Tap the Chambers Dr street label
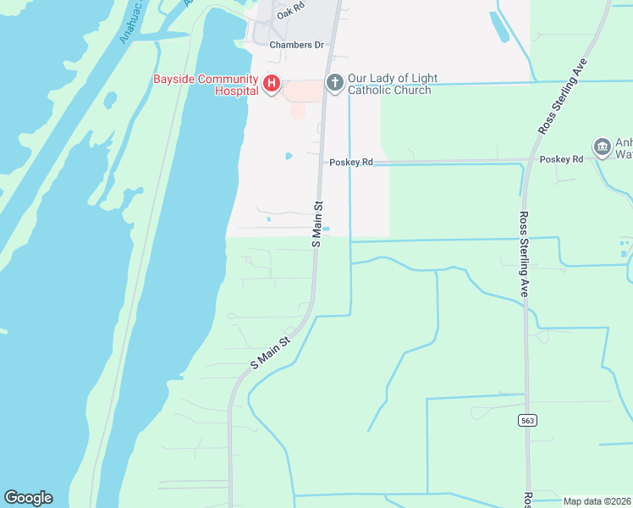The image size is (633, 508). pos(296,45)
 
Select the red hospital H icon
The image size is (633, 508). pos(272,84)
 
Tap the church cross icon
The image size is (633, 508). pos(334,83)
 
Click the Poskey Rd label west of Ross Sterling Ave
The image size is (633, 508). pos(351,162)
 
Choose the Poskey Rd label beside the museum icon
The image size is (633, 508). pos(561,159)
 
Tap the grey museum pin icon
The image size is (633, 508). pos(603,147)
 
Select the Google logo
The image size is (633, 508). pos(28,498)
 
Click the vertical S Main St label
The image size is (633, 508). pos(318,224)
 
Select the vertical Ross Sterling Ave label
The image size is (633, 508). pos(524,253)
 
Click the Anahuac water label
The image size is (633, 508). pos(131,24)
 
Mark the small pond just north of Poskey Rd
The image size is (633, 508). pos(289,156)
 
